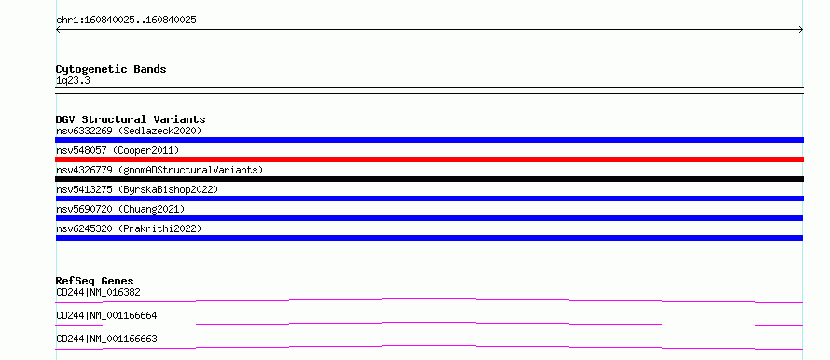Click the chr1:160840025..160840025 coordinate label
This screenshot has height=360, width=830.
[126, 21]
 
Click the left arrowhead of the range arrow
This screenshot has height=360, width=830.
[58, 30]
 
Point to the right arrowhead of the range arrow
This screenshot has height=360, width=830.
[801, 30]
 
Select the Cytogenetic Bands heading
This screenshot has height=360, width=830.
[111, 69]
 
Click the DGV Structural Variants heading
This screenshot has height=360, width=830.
[131, 119]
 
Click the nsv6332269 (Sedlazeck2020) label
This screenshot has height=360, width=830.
[129, 131]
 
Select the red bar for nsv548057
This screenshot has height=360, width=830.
[429, 159]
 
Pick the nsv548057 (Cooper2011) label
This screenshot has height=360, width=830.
[118, 150]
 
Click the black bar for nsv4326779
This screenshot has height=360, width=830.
[429, 179]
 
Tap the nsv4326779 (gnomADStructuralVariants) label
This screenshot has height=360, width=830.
[159, 170]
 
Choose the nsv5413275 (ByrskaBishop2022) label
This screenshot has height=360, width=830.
[137, 189]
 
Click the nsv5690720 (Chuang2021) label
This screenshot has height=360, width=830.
[120, 209]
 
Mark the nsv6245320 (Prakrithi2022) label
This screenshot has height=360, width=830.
[129, 228]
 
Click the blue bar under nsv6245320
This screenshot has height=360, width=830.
[429, 238]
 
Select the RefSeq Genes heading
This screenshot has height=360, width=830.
[95, 281]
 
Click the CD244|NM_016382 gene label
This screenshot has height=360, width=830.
[98, 292]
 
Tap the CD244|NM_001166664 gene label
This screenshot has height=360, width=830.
[106, 315]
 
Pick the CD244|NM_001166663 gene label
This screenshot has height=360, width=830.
[106, 339]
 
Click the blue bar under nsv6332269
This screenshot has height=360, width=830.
[429, 140]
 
